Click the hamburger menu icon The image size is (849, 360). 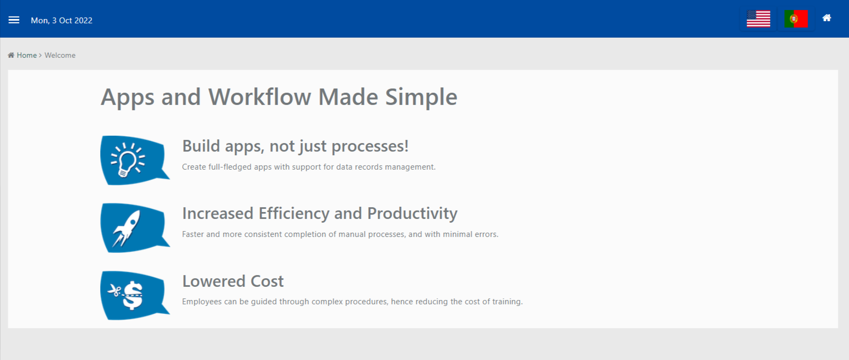pos(14,20)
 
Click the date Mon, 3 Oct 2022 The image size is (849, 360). pos(61,21)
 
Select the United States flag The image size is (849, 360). pos(758,19)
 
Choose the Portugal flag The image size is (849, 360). pos(796,19)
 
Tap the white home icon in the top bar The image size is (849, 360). pos(827,18)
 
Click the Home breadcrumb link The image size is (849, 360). pos(26,55)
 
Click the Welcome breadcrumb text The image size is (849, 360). pos(60,55)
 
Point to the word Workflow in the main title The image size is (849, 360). pos(260,96)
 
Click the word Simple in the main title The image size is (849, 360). pos(421,98)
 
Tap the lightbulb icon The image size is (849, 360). pos(127,160)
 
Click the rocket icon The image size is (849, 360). pos(126,229)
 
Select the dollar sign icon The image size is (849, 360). pos(132,295)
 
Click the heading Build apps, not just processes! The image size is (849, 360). pos(295,146)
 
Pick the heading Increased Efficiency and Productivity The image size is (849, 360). pos(320,214)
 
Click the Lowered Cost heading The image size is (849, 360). pos(233,281)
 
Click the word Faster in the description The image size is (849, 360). pos(193,234)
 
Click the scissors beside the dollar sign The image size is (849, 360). pos(114,291)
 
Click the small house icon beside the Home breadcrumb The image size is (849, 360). pos(11,55)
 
